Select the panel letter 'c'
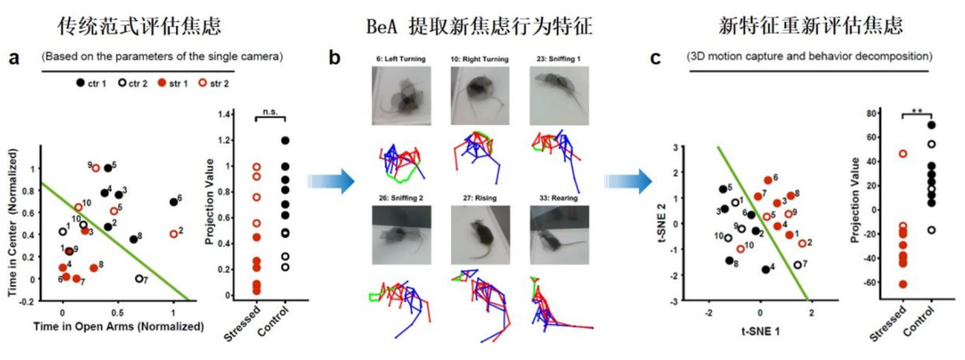tap(656, 59)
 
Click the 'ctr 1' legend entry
tap(93, 82)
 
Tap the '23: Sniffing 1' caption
tap(557, 59)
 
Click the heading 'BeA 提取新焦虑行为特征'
tap(480, 20)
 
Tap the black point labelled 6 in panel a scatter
tap(173, 202)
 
